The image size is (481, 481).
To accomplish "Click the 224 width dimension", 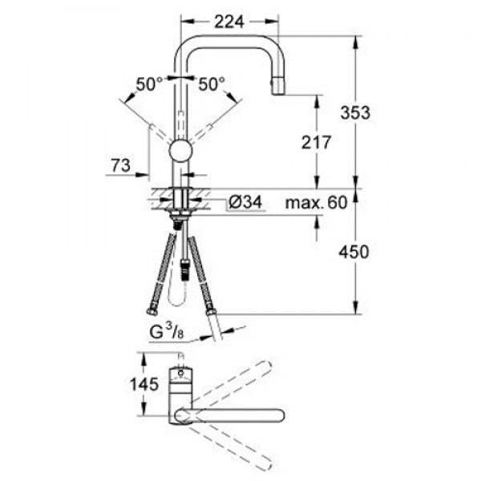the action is [x=228, y=22].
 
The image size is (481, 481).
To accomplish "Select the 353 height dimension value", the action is [x=355, y=112].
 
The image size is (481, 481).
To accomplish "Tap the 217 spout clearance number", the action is [x=317, y=143].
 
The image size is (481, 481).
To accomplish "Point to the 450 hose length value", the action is [x=354, y=253].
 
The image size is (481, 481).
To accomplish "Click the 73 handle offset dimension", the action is [x=121, y=166].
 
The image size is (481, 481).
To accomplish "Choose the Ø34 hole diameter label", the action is [x=245, y=202].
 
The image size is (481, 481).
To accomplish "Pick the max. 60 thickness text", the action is [x=317, y=203].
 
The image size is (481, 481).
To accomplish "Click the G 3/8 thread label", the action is [x=167, y=332].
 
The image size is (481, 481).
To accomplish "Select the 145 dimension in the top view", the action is [x=143, y=384].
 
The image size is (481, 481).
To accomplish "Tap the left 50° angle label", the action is [x=149, y=83].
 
